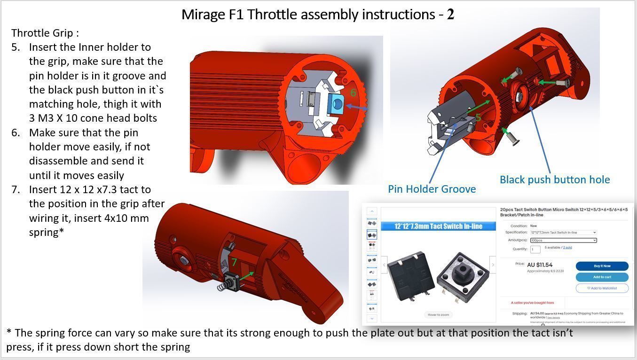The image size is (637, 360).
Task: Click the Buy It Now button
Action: tap(602, 266)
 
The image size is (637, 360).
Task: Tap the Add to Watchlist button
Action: tap(602, 288)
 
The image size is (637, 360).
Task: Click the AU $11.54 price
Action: tap(540, 265)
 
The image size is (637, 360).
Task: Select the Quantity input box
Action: tap(535, 250)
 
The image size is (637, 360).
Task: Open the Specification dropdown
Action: tap(563, 232)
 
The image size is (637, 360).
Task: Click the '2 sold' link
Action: tap(567, 247)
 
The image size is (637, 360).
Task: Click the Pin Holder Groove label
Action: tap(432, 189)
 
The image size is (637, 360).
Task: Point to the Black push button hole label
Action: tap(554, 180)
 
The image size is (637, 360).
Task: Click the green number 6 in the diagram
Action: tap(353, 93)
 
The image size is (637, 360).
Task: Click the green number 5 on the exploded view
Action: tap(478, 117)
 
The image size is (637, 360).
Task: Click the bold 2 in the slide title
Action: tap(450, 15)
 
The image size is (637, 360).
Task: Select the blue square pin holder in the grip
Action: tap(336, 103)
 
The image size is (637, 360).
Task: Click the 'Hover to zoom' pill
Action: tap(438, 315)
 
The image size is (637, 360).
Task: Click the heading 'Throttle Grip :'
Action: tap(45, 33)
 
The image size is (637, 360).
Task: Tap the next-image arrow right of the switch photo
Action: tap(492, 265)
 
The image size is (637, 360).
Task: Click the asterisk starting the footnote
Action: tap(9, 333)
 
